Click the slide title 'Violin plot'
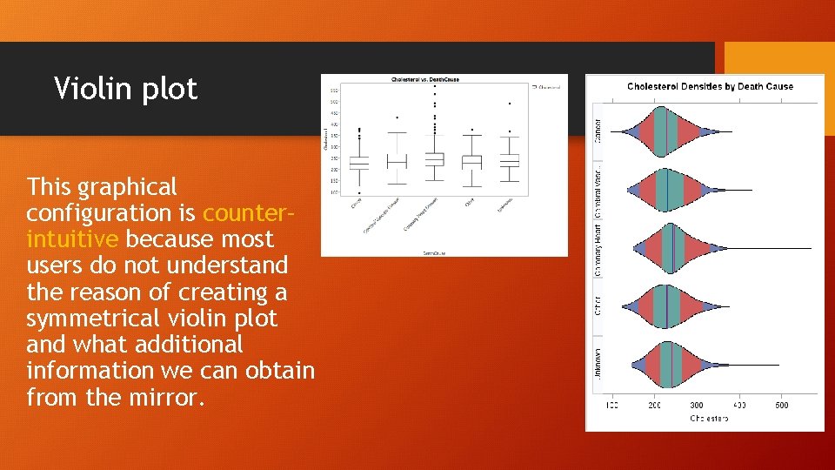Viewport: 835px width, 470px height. (125, 89)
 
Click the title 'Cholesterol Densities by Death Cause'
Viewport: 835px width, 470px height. (710, 86)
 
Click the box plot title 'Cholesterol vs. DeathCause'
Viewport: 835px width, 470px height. (425, 79)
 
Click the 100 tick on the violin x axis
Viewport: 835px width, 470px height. (611, 406)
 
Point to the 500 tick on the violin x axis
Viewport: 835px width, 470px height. (782, 406)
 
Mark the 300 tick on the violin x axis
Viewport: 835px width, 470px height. (697, 406)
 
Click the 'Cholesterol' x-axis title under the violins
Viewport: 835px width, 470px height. (710, 419)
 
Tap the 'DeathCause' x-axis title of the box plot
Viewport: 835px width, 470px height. (435, 252)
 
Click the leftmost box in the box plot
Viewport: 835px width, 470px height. (360, 162)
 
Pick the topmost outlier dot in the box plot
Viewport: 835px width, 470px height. (435, 86)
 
